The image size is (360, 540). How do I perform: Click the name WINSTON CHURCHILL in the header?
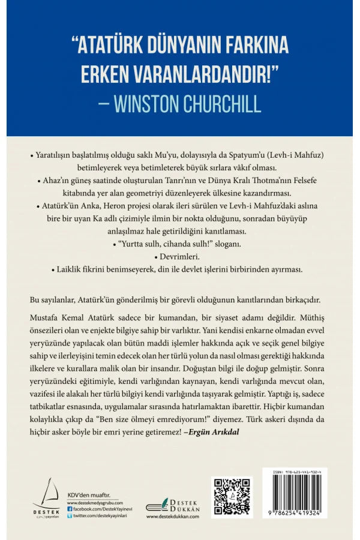click(187, 104)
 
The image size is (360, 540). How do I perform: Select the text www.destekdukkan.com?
click(173, 515)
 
